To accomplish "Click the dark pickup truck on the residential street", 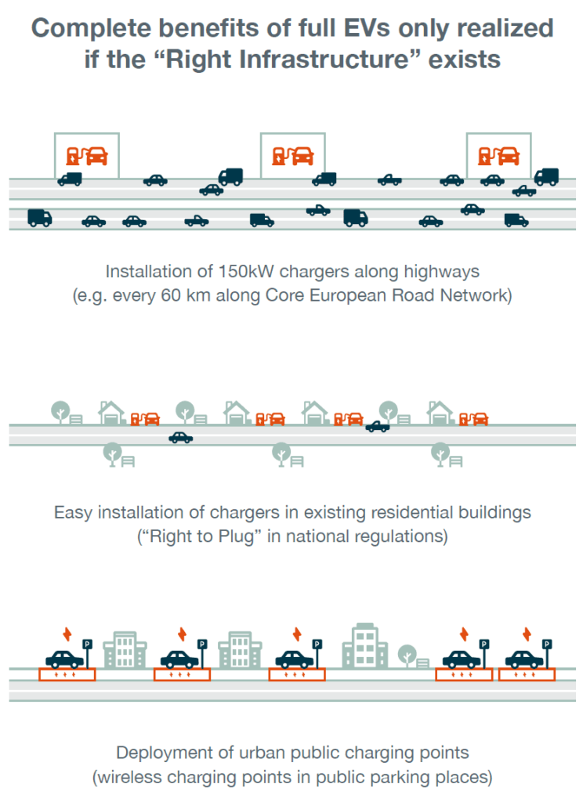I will [378, 427].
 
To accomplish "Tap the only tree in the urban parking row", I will [407, 654].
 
